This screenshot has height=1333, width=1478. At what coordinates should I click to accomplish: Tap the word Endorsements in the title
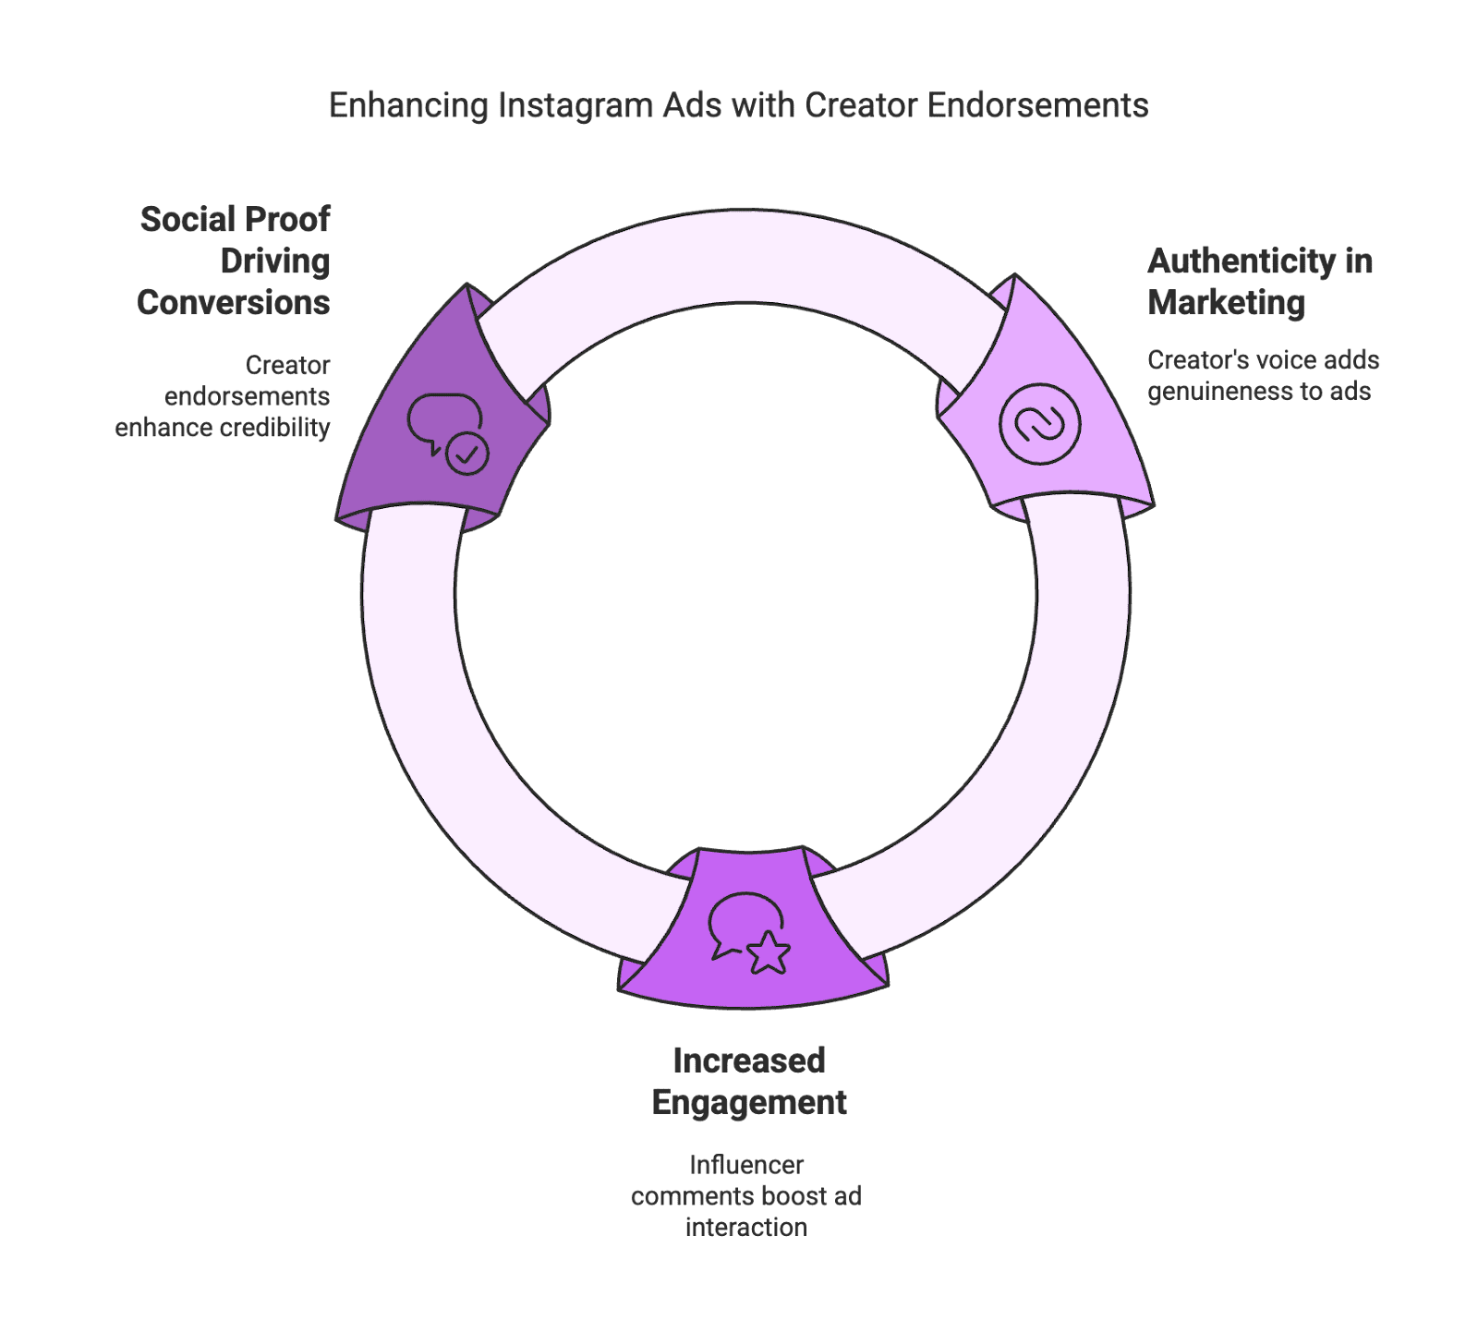[1037, 105]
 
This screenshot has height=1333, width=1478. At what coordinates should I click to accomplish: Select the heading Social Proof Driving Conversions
[235, 261]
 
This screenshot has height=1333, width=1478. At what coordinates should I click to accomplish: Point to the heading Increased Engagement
[748, 1081]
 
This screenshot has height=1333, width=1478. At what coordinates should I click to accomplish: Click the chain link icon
[1039, 425]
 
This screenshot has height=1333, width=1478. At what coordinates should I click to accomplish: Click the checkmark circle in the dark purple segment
[467, 454]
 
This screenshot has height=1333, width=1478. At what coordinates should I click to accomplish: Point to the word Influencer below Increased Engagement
[746, 1165]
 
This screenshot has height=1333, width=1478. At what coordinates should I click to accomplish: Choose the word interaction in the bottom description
[746, 1228]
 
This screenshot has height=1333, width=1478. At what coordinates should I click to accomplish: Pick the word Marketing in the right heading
[1227, 303]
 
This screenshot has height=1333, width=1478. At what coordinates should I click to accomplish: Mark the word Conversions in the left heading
[234, 303]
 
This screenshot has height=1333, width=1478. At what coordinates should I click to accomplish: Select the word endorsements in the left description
[247, 396]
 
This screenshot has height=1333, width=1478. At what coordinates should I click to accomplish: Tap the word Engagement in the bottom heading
[749, 1103]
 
